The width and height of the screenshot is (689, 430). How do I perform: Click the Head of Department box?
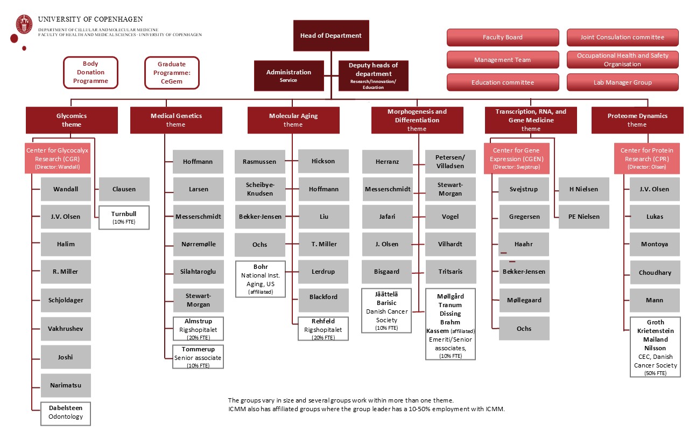pos(331,36)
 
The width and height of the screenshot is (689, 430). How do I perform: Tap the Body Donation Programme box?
pos(90,73)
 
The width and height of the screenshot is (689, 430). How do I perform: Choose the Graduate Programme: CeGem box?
pos(172,73)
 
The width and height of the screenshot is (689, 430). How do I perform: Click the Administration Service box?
pos(289,75)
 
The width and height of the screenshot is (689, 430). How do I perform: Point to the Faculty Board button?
pos(502,37)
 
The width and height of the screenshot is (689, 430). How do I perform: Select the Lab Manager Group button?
pos(622,82)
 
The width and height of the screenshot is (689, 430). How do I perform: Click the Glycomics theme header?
pos(72,120)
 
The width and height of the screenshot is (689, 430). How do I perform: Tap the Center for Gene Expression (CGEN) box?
pos(517,159)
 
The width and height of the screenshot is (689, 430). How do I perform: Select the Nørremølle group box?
pos(198,244)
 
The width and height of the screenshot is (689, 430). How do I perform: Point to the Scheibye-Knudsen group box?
pos(259,189)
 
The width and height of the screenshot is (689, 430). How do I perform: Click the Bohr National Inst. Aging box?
pos(261,279)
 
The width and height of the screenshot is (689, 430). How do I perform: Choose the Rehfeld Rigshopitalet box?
pos(323,329)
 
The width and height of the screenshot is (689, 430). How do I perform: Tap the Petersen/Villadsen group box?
pos(451,162)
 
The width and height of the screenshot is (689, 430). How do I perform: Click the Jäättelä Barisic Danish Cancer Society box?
pos(386,311)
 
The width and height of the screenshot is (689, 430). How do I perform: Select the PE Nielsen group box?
pos(583,217)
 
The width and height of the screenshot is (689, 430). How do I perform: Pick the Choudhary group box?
pos(655,273)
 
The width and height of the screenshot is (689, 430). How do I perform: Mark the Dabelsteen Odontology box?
pos(66,413)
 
